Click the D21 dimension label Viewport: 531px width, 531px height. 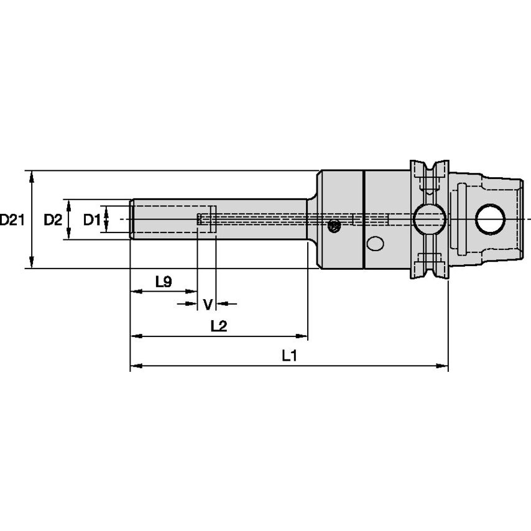tap(12, 219)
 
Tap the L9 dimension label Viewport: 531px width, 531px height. tap(163, 282)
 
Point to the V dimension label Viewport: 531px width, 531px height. tap(208, 304)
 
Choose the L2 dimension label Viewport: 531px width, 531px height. tap(218, 326)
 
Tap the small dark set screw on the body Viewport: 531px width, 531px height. tap(335, 227)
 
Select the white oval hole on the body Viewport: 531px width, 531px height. tap(375, 244)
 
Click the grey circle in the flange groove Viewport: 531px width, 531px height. tap(429, 219)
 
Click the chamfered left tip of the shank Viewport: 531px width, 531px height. tap(132, 219)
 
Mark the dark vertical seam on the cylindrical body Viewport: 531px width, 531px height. tap(363, 219)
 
